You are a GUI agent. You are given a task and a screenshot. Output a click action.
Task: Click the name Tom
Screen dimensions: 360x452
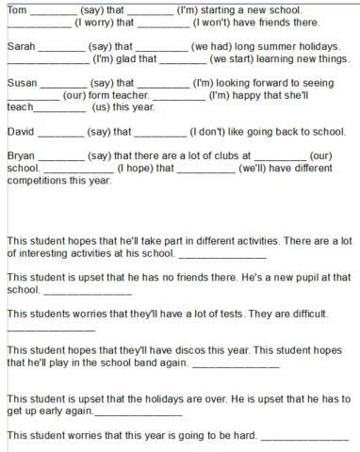[x=17, y=9]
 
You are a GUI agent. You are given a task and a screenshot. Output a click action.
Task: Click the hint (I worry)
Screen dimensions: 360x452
[x=91, y=22]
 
